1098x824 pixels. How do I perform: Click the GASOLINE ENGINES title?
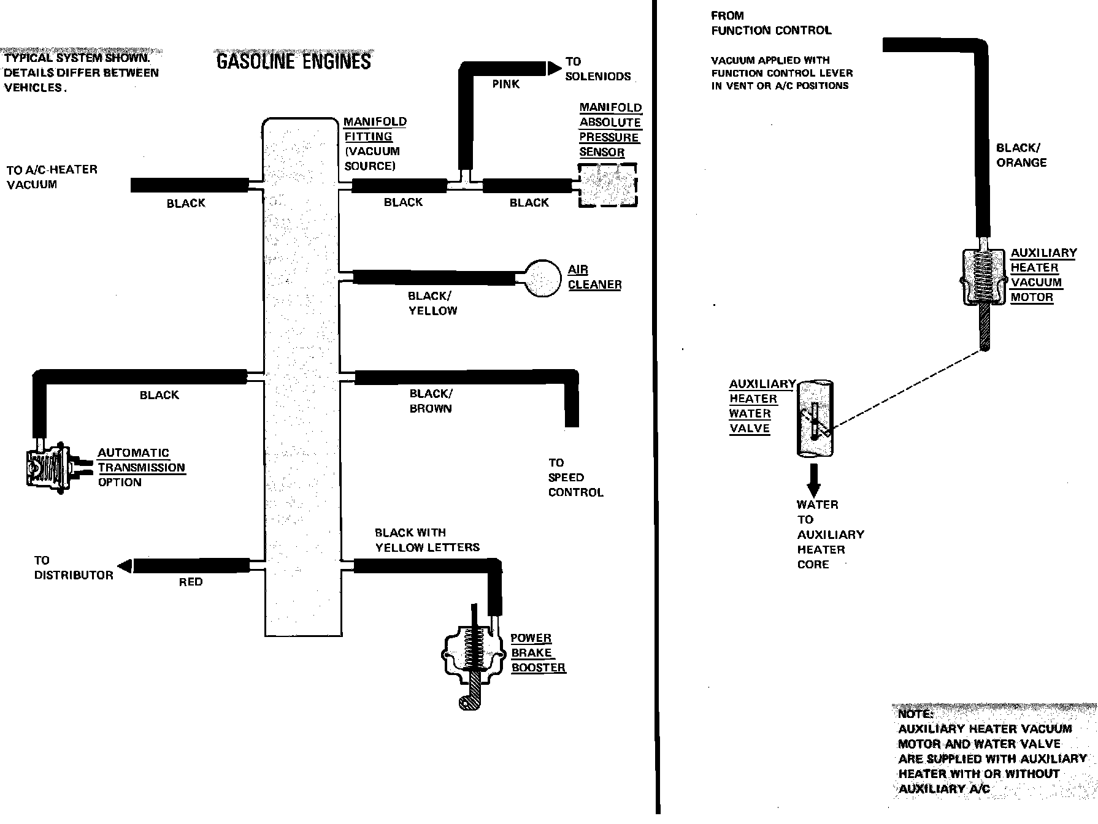coord(294,61)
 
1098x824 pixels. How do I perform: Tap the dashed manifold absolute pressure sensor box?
coord(608,185)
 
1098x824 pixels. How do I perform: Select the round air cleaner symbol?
coord(542,278)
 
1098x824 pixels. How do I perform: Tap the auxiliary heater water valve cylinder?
coord(815,418)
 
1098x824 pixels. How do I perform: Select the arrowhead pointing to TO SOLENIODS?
coord(554,67)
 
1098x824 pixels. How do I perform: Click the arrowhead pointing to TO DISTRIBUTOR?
coord(125,566)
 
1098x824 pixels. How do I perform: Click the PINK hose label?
coord(505,84)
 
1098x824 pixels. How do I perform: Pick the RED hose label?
coord(190,582)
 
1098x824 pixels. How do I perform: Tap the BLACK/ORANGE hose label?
coord(1021,155)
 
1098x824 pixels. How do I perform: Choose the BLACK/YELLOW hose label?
coord(432,303)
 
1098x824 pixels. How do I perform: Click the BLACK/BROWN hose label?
coord(431,401)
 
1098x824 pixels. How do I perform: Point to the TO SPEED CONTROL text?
coord(575,477)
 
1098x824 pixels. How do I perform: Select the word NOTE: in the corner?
coord(916,714)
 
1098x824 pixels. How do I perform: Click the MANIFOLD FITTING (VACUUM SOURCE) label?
coord(374,143)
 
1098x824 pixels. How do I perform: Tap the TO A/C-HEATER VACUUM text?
coord(52,177)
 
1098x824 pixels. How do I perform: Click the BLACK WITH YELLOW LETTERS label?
coord(427,540)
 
